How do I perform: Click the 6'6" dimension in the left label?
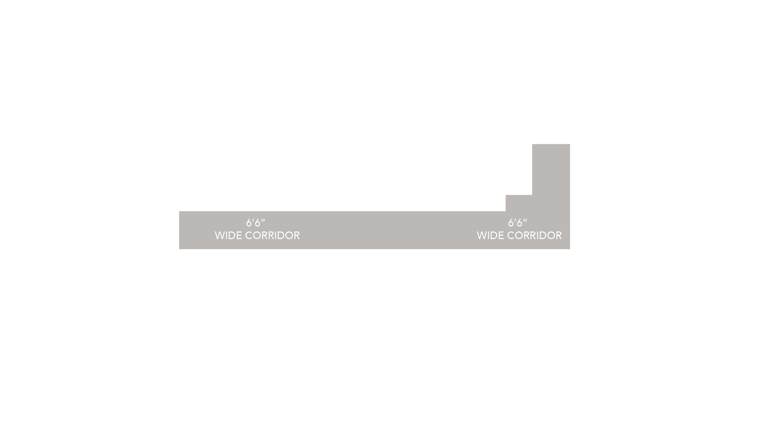click(x=255, y=223)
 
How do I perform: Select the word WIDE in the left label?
click(x=228, y=235)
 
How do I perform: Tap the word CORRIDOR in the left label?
click(x=272, y=235)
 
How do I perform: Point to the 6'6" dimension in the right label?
click(x=517, y=223)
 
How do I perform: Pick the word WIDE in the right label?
click(x=490, y=235)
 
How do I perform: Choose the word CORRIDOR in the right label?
click(x=535, y=235)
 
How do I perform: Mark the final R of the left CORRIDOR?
click(x=297, y=235)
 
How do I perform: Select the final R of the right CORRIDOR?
click(x=559, y=235)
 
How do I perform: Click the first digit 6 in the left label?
click(x=249, y=223)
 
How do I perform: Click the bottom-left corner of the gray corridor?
click(x=179, y=248)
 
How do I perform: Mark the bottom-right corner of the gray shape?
click(x=569, y=248)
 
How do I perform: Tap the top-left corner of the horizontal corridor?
click(x=179, y=212)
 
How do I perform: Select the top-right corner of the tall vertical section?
click(x=569, y=144)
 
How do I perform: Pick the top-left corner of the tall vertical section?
click(x=532, y=144)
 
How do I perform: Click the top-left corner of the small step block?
click(x=506, y=195)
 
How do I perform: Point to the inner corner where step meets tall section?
click(x=532, y=195)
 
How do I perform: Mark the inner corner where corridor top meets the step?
click(x=506, y=211)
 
